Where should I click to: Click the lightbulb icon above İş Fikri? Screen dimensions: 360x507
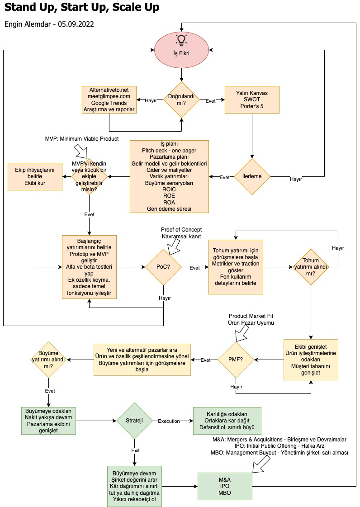(x=181, y=40)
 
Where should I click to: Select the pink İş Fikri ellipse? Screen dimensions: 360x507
(x=181, y=50)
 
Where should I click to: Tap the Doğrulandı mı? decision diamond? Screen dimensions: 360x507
(x=181, y=100)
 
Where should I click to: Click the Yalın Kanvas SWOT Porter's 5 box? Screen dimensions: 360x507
(x=252, y=100)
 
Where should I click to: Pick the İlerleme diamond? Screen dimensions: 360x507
(x=252, y=176)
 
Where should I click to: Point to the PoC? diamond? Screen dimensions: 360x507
(x=163, y=267)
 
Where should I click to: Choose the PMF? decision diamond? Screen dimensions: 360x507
(x=236, y=360)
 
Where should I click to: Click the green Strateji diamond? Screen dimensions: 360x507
(x=134, y=421)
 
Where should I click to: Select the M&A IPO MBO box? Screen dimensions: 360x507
(x=225, y=486)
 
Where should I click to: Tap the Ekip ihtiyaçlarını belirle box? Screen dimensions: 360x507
(x=35, y=176)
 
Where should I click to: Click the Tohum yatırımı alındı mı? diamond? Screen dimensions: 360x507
(x=311, y=267)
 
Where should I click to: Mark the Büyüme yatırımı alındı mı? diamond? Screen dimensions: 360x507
(x=48, y=360)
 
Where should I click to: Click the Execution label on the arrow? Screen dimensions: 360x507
(x=169, y=421)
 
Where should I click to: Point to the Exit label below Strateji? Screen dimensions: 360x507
(x=136, y=450)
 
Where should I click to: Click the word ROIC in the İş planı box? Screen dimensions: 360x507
(x=169, y=190)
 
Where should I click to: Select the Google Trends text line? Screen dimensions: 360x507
(x=109, y=103)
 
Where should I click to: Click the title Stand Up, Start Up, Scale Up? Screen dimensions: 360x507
(x=82, y=7)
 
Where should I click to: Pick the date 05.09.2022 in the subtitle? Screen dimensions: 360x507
(x=76, y=24)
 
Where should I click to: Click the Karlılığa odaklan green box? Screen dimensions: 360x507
(x=227, y=421)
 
